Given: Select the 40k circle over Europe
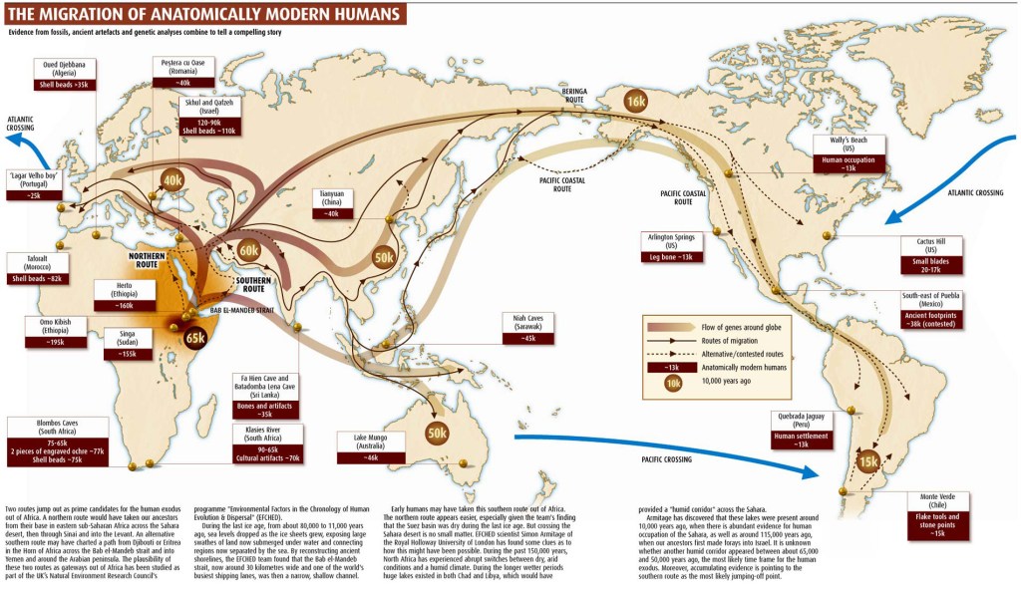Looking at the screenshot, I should pyautogui.click(x=172, y=179).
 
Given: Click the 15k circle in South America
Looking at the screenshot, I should pyautogui.click(x=867, y=461).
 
